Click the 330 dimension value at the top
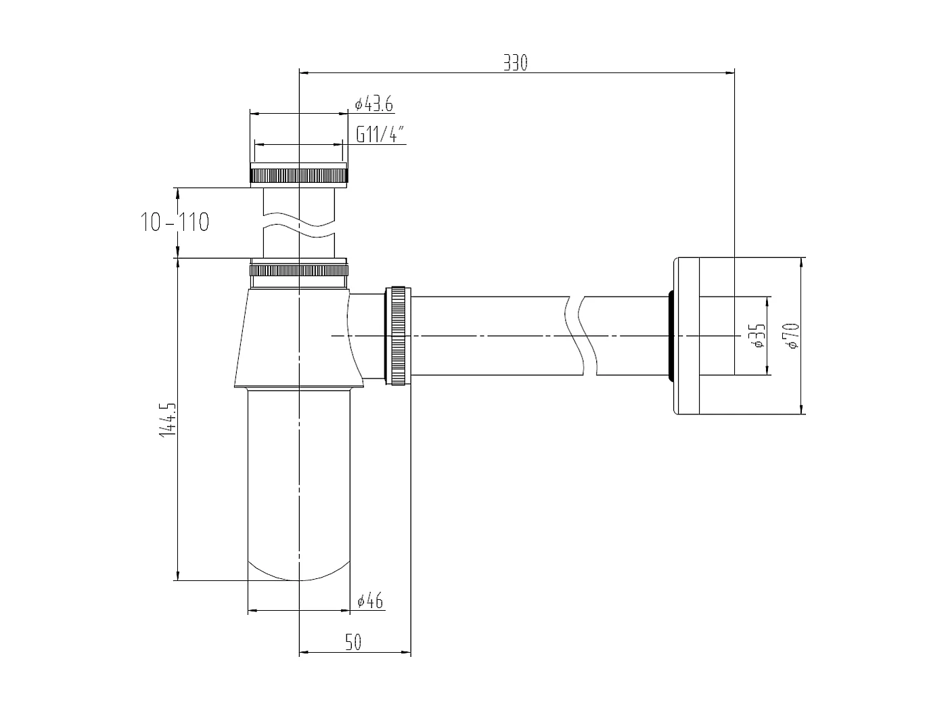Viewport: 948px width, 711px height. tap(515, 63)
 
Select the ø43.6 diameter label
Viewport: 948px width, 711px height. tap(374, 104)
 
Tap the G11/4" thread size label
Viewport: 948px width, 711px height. tap(380, 134)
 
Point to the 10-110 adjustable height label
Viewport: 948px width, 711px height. tap(175, 221)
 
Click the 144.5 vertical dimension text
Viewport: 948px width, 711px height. tap(167, 420)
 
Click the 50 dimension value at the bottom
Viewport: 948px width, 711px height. tap(353, 642)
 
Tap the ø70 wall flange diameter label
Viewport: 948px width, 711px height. tap(792, 335)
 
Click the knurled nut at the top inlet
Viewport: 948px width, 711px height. tap(298, 175)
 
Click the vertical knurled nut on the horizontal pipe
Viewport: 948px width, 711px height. tap(398, 336)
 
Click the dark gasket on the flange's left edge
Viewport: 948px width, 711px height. tap(670, 335)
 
